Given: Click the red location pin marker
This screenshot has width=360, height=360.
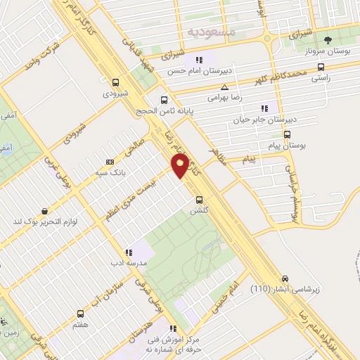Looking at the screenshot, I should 180,166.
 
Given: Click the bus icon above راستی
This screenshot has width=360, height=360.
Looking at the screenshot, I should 321,67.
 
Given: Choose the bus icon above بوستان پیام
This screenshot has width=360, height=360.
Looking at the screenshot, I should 286,134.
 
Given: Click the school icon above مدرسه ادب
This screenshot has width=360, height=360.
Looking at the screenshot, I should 128,252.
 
